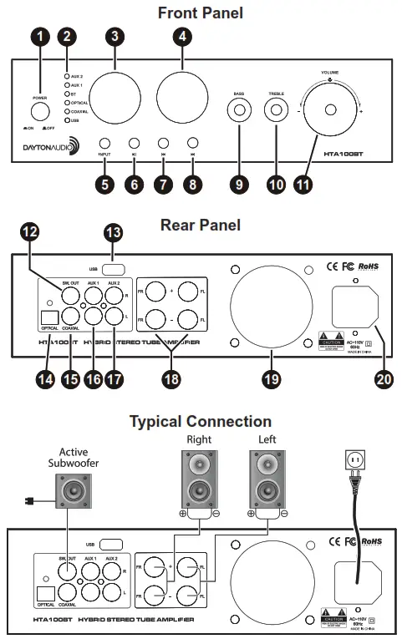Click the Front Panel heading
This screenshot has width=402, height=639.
tap(201, 13)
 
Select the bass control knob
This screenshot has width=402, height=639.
tap(240, 109)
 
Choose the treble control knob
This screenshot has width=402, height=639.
tap(275, 109)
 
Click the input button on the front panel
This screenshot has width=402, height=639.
tap(105, 143)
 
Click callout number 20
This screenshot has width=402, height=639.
tap(383, 378)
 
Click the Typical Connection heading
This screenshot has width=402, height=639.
tap(201, 421)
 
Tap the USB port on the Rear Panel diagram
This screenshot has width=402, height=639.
tap(114, 270)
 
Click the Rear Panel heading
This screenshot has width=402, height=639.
tap(201, 225)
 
